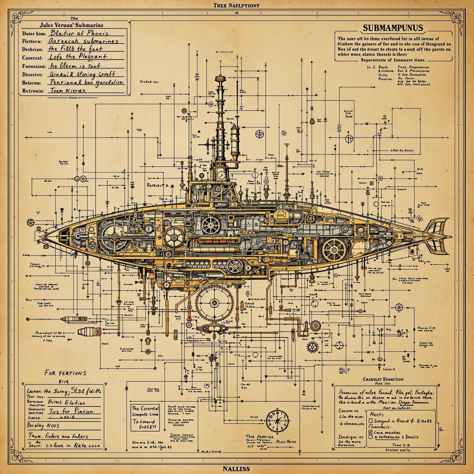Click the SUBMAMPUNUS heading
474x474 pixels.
[x=393, y=28]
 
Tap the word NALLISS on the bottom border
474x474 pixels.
[x=236, y=469]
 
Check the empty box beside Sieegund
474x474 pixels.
[x=370, y=420]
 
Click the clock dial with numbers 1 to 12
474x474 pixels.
[x=277, y=421]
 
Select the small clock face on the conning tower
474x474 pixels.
[x=221, y=175]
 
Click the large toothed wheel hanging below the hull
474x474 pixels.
[x=214, y=302]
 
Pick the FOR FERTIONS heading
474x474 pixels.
[x=65, y=373]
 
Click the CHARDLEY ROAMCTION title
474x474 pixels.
[x=383, y=379]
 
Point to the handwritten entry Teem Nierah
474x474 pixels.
[x=68, y=91]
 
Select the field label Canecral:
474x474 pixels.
[x=32, y=58]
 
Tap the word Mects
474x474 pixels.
[x=376, y=414]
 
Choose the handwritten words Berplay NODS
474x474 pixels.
[x=43, y=426]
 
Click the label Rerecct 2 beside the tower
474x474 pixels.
[x=158, y=185]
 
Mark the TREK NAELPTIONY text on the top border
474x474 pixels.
[x=236, y=5]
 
